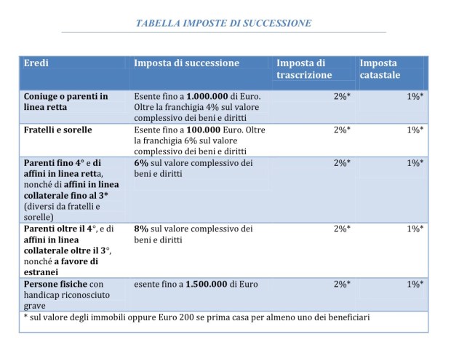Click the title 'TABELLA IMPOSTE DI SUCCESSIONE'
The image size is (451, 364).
[x=224, y=23]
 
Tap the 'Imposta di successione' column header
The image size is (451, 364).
[x=186, y=63]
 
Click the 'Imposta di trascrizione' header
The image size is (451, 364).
[x=304, y=69]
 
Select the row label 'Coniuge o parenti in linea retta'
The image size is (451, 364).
[x=65, y=101]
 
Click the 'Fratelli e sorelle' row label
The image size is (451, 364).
[x=57, y=130]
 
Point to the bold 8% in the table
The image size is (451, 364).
[x=141, y=229]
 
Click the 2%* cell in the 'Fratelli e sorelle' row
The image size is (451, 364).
[x=342, y=130]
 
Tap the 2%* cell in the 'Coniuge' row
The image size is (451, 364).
[x=342, y=96]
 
